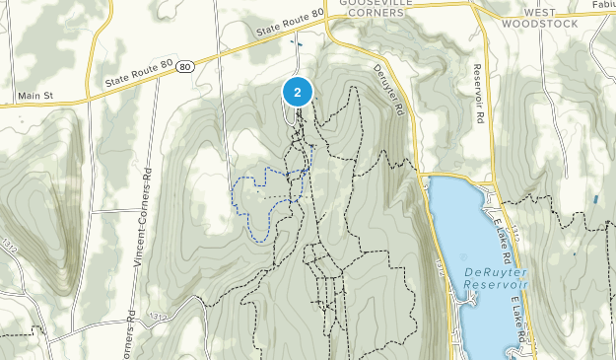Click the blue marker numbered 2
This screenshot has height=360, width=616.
(x=298, y=92)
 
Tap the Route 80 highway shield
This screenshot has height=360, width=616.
(x=186, y=64)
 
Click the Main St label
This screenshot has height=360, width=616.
(x=34, y=96)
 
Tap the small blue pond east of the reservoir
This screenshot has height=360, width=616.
(x=597, y=198)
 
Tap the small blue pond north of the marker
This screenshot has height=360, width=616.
(x=295, y=43)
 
